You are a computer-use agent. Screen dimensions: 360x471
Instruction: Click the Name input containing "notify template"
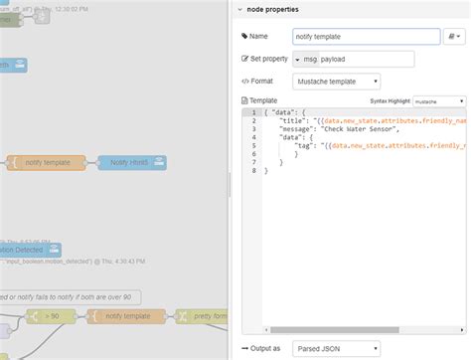click(366, 36)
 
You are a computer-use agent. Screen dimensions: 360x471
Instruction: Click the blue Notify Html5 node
click(131, 162)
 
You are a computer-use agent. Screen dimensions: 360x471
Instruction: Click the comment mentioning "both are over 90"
click(70, 296)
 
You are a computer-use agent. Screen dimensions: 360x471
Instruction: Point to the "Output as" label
click(264, 349)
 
